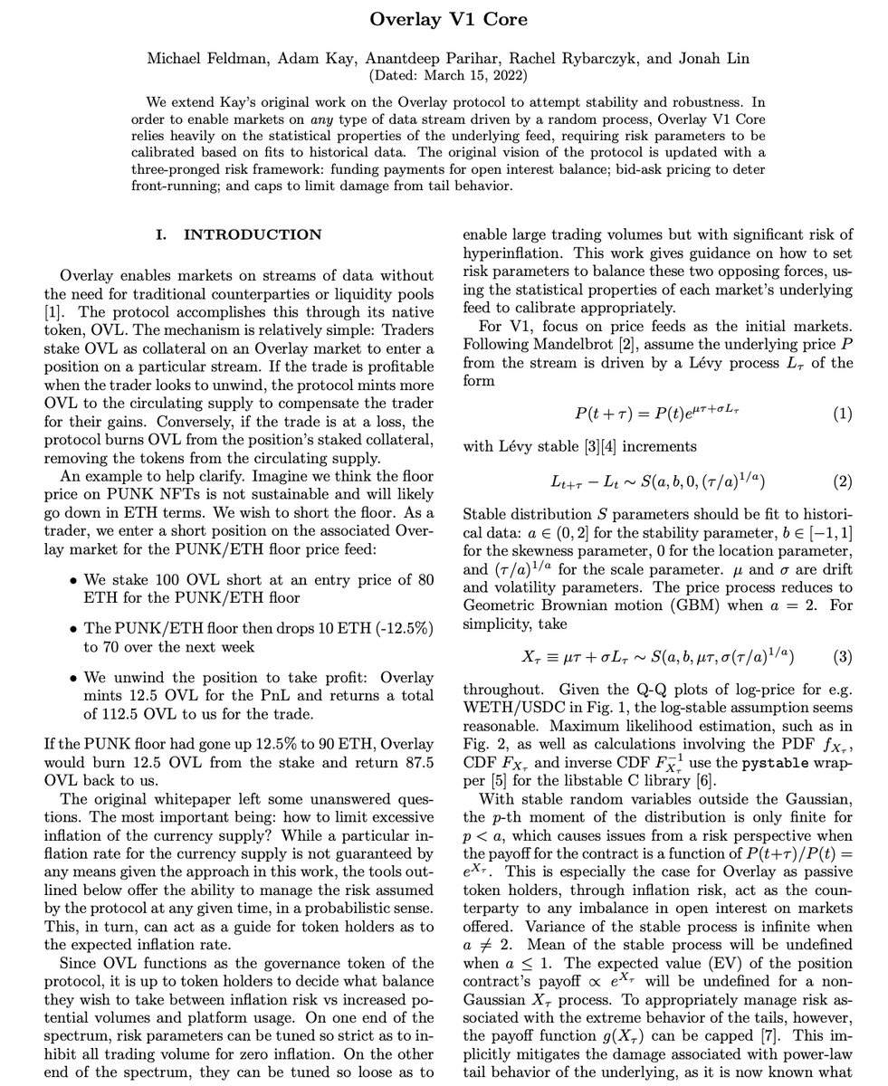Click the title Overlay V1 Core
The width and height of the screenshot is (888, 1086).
pyautogui.click(x=448, y=19)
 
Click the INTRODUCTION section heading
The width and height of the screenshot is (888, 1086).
pyautogui.click(x=253, y=235)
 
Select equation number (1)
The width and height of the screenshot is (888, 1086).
pyautogui.click(x=842, y=414)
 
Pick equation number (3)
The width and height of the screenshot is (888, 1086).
pyautogui.click(x=842, y=657)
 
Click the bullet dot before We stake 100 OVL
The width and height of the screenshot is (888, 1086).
pyautogui.click(x=72, y=581)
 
